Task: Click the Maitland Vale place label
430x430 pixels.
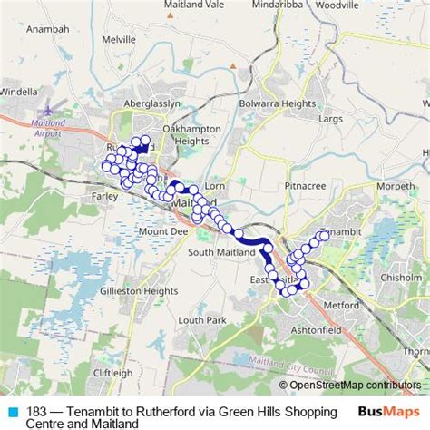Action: pyautogui.click(x=194, y=5)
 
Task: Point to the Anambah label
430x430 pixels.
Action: pyautogui.click(x=48, y=54)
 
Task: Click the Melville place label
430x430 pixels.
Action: pyautogui.click(x=119, y=40)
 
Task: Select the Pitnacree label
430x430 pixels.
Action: pyautogui.click(x=305, y=185)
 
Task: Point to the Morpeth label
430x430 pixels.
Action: pyautogui.click(x=396, y=186)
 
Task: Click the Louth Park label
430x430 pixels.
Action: pyautogui.click(x=201, y=320)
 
